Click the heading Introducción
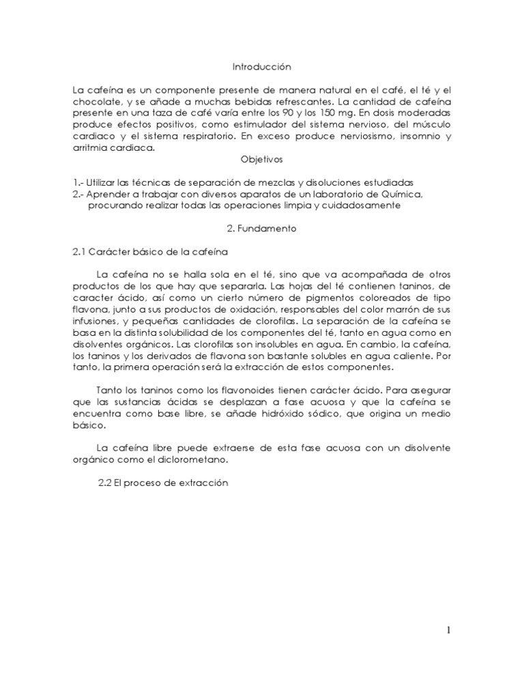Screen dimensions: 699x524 261,67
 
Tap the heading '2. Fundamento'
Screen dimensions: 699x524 262,229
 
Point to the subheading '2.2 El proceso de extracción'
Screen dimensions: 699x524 162,483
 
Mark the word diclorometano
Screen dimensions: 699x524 197,459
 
